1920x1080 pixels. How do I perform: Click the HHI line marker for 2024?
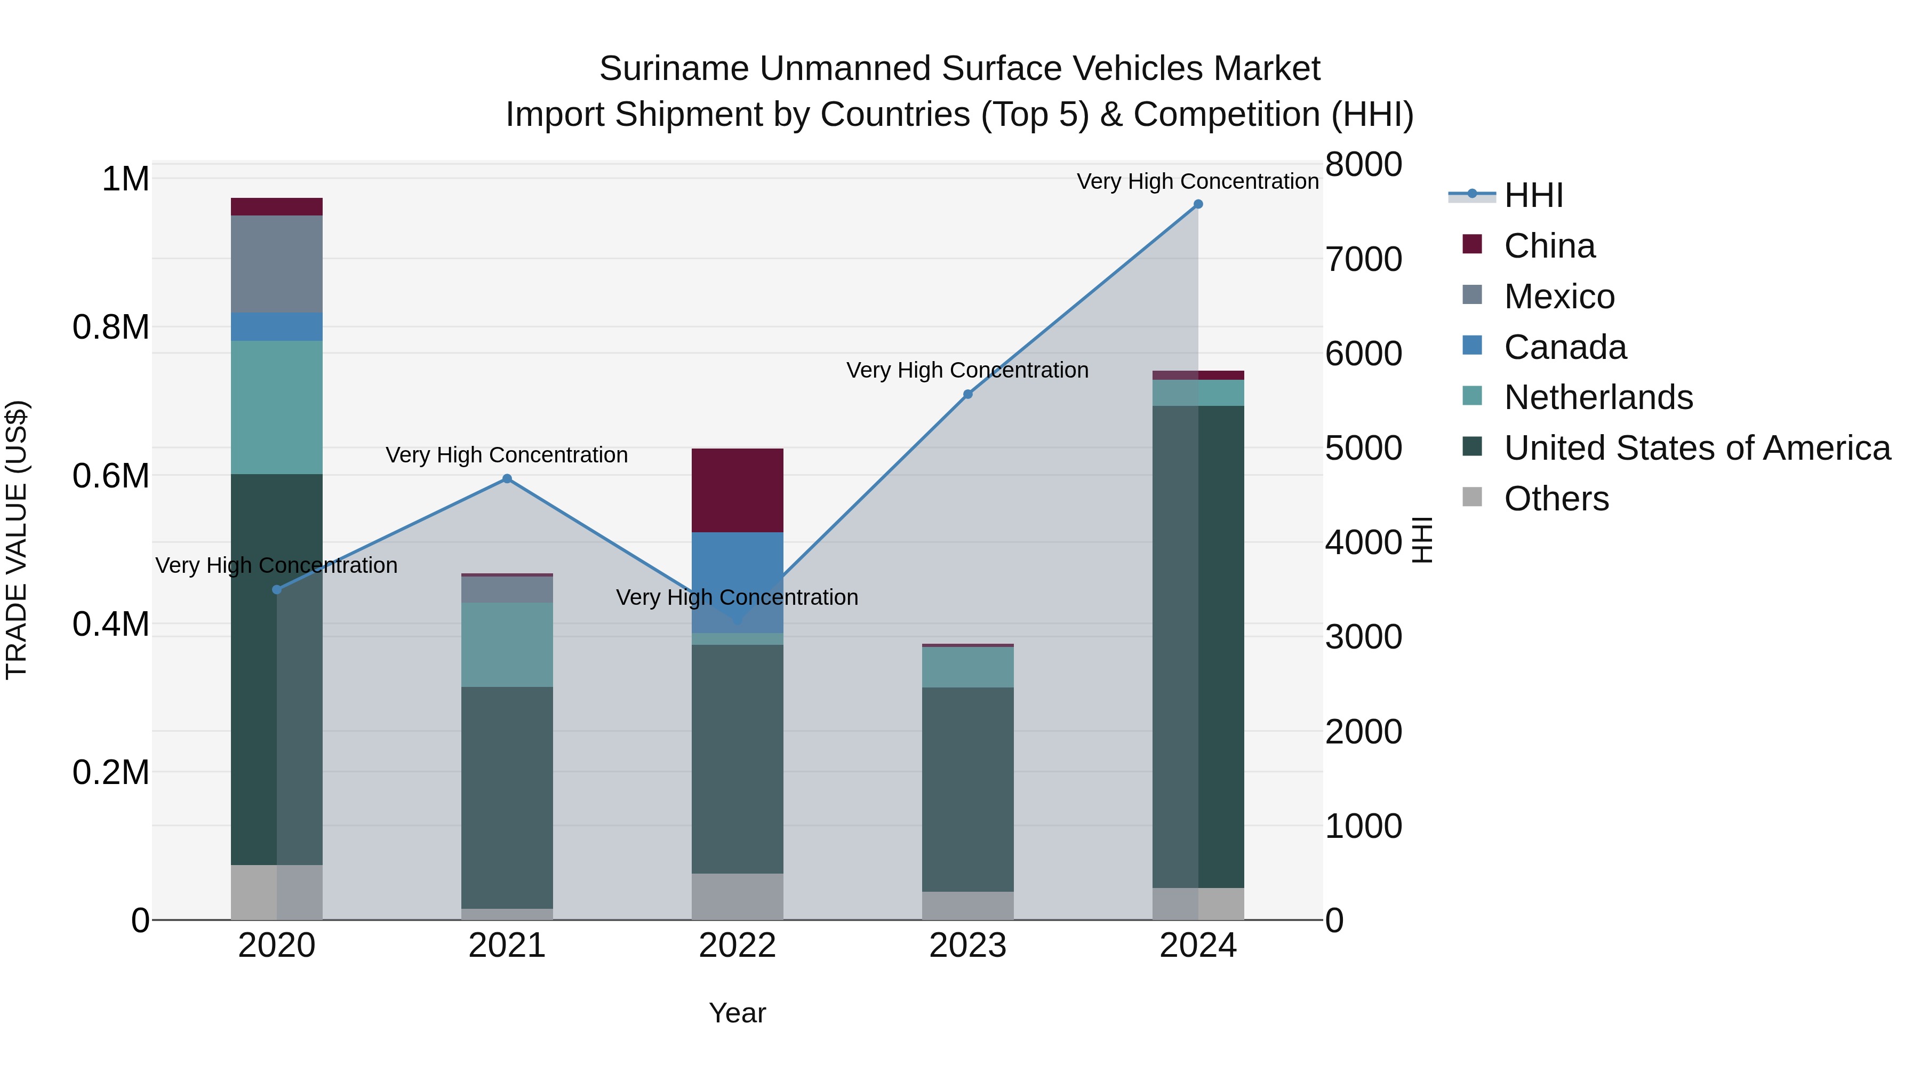click(x=1198, y=204)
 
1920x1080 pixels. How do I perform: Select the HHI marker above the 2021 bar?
click(x=507, y=478)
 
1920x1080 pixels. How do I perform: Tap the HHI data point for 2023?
click(x=967, y=394)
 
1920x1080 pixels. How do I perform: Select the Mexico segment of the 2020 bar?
click(x=276, y=264)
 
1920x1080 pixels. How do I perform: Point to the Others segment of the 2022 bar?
click(x=737, y=896)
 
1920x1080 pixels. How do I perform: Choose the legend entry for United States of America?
click(x=1697, y=448)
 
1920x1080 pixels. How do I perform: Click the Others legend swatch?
click(x=1472, y=497)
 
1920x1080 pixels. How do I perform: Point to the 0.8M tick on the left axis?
click(x=110, y=327)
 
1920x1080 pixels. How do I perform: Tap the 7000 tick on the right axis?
click(x=1363, y=259)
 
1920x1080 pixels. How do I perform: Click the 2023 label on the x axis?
click(x=967, y=946)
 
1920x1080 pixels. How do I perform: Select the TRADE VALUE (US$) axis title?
click(x=17, y=540)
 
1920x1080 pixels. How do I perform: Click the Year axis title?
click(x=737, y=1013)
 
